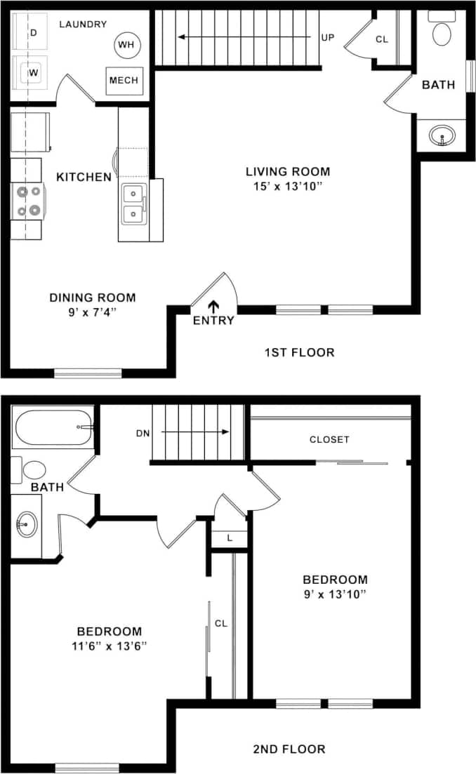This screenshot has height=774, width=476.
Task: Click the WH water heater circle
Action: [127, 45]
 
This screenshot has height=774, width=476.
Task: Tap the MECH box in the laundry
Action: [124, 81]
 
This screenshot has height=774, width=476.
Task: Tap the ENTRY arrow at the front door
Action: [213, 306]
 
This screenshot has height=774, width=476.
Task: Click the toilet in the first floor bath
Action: [442, 33]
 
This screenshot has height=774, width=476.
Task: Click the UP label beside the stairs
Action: [327, 38]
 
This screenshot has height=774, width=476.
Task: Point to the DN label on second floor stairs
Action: [143, 433]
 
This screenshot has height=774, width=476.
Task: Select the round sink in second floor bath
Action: [27, 523]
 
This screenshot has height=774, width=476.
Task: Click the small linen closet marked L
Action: [230, 538]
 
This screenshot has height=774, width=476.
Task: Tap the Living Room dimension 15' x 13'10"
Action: [287, 186]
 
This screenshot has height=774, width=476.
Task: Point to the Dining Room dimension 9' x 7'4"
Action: [92, 312]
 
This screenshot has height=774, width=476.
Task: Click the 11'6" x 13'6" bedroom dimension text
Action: [109, 646]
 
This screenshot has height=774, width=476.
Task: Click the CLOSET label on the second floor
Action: [329, 440]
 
